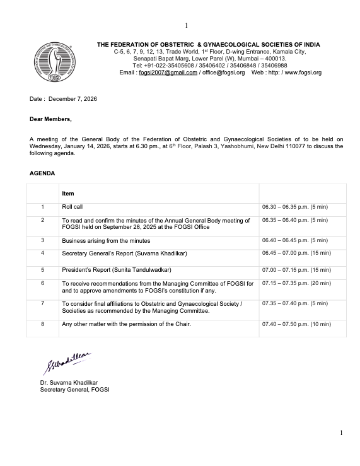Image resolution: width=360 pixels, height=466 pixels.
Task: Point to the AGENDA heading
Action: [x=42, y=173]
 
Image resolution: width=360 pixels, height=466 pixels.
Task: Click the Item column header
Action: [x=67, y=194]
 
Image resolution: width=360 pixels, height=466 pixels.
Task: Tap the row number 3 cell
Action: [x=42, y=240]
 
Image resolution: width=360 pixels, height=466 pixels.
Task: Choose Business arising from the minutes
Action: [x=106, y=240]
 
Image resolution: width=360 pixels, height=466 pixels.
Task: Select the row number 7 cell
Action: [x=42, y=303]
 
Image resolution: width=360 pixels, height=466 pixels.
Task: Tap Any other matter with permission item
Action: [x=126, y=324]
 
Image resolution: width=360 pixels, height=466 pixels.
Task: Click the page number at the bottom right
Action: [x=341, y=433]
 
